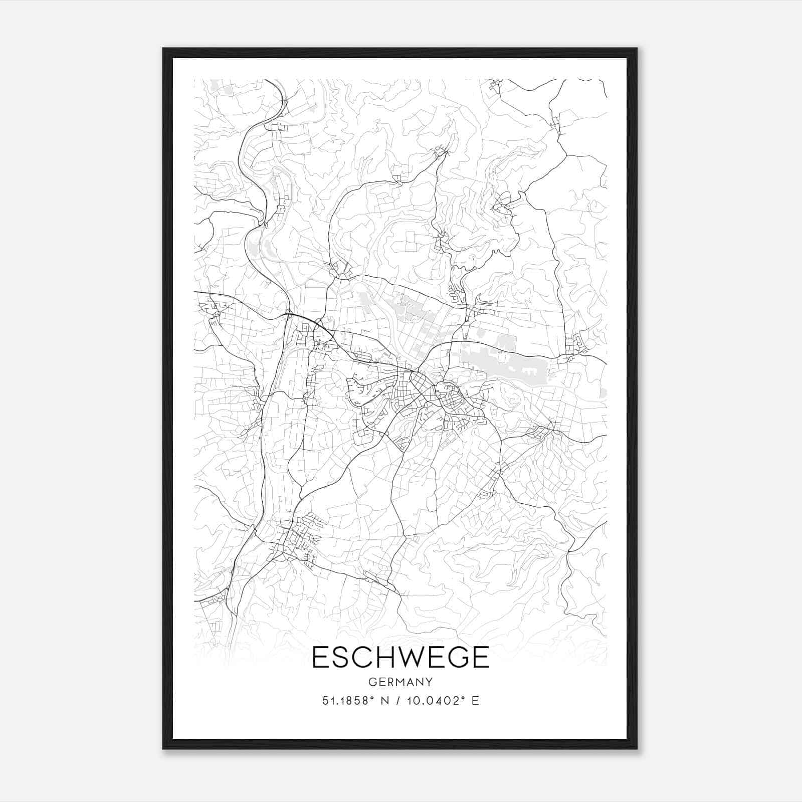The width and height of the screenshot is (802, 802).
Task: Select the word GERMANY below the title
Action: pyautogui.click(x=400, y=682)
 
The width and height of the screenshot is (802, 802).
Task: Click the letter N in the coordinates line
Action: pyautogui.click(x=385, y=701)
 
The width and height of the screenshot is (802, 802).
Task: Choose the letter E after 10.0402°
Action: pyautogui.click(x=475, y=701)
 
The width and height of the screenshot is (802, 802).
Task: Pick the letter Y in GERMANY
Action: pyautogui.click(x=429, y=682)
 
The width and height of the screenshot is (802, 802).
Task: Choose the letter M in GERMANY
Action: pyautogui.click(x=400, y=682)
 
